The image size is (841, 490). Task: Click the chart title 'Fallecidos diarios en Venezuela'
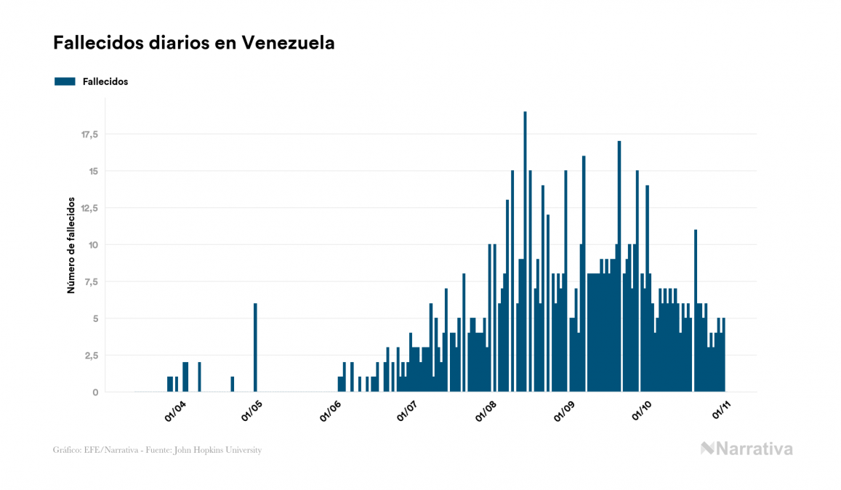194,43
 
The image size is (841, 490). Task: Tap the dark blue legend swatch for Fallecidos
65,81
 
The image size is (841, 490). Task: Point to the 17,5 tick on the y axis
89,134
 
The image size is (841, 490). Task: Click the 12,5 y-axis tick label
89,208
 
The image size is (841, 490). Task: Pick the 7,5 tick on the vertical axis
92,282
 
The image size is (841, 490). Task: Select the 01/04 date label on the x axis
176,412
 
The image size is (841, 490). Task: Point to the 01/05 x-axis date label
252,412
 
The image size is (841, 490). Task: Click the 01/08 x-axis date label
486,412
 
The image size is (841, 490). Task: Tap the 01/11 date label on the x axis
720,412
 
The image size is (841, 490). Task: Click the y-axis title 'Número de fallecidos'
71,244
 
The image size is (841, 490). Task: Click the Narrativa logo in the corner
747,449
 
